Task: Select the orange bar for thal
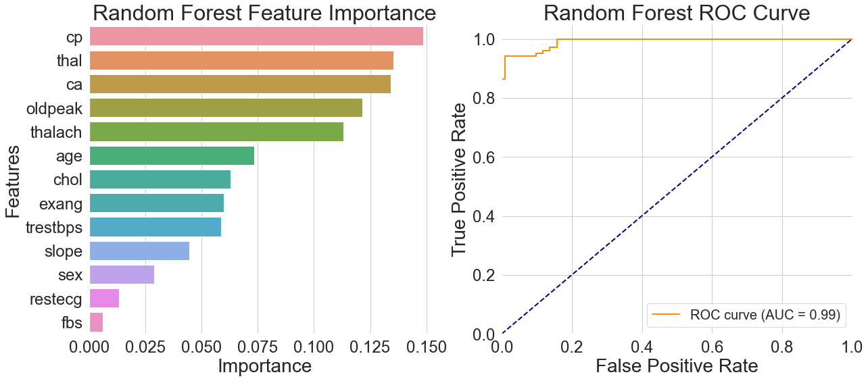point(241,61)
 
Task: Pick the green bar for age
point(171,156)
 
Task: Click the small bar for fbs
point(95,322)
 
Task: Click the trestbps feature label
point(53,228)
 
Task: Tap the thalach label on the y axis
point(56,132)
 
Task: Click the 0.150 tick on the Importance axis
point(426,347)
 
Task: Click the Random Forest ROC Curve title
point(677,13)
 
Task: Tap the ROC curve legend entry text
point(764,315)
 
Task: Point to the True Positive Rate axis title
point(460,180)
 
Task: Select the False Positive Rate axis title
point(677,366)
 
